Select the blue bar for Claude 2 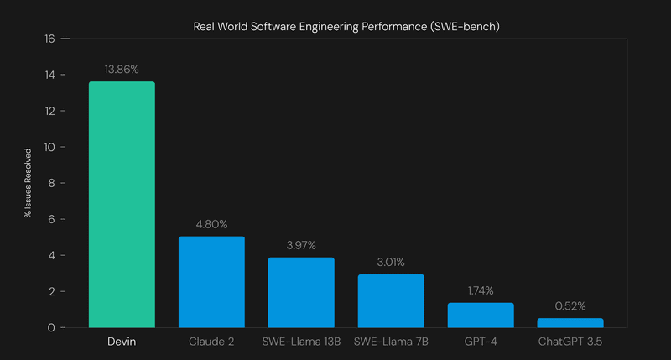[x=211, y=282]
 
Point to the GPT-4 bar [x=481, y=315]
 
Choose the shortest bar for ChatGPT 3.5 [x=570, y=322]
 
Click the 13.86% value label [x=122, y=69]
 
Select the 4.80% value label [x=211, y=224]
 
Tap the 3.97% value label [x=301, y=244]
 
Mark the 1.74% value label [x=481, y=290]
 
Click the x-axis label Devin [x=122, y=342]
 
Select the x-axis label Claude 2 [x=211, y=342]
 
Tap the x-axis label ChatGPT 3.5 [x=570, y=342]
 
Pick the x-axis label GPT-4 [x=481, y=342]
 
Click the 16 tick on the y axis [x=49, y=39]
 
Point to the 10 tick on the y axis [x=49, y=148]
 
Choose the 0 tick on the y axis [x=52, y=328]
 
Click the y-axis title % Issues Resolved [x=28, y=184]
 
